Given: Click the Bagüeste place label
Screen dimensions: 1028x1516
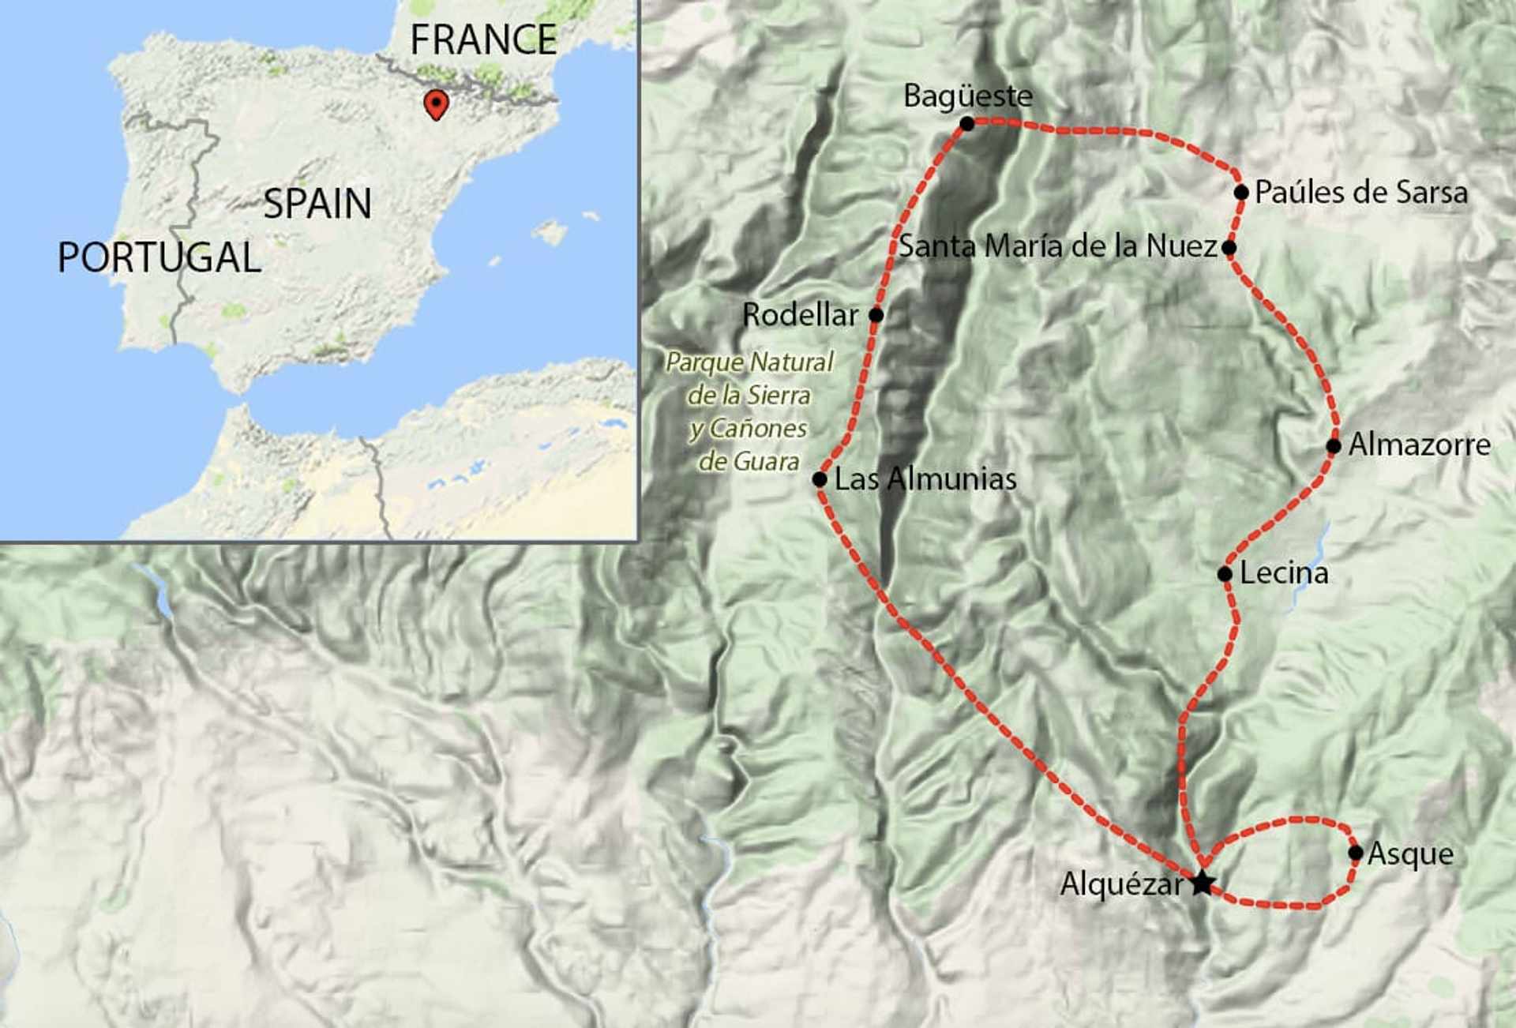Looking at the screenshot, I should point(967,96).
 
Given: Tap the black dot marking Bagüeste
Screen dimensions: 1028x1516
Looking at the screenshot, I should point(967,124).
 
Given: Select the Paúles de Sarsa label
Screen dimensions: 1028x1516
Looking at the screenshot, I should point(1360,193).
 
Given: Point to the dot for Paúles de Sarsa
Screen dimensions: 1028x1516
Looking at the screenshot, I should point(1240,192).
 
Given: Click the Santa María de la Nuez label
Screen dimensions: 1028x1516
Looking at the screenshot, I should point(1057,246).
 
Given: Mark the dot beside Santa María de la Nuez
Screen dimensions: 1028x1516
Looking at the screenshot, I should point(1229,248).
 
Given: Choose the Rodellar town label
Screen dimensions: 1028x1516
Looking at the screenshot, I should point(800,315).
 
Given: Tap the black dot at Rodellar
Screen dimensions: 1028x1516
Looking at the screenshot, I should point(876,315).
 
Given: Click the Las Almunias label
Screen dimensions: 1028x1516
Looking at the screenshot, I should point(925,478).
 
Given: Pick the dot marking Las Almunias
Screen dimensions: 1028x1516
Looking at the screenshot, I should point(820,479).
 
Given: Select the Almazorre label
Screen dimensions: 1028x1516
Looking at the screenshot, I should point(1419,445).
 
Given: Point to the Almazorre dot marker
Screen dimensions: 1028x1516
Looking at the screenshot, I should point(1333,446).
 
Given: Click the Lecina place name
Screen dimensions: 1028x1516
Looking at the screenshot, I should point(1283,573).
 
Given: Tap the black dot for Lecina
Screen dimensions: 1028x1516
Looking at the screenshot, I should point(1225,574).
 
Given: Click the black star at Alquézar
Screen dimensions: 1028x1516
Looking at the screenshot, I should point(1201,883).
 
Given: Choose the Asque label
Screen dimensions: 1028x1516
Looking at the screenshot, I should point(1410,854).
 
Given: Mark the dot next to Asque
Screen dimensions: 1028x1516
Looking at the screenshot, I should point(1355,853).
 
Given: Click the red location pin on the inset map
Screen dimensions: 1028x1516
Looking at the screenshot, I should point(436,103).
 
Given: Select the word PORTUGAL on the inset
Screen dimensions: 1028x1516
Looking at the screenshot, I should point(159,257).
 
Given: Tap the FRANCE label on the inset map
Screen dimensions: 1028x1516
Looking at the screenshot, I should point(483,39).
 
